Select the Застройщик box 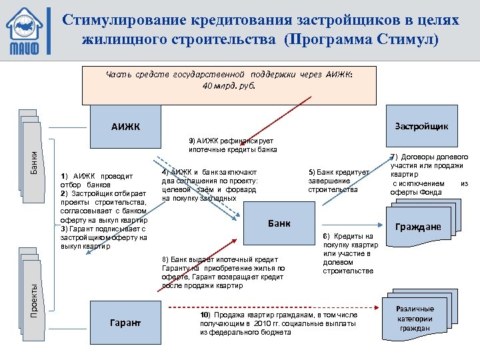coord(421,126)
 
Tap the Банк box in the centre coord(279,223)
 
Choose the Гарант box coord(126,323)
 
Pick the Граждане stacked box coord(418,227)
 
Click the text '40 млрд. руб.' coord(228,85)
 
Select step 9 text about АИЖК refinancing coord(232,145)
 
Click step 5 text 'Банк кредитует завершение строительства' coord(338,181)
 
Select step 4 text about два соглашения coord(209,185)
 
